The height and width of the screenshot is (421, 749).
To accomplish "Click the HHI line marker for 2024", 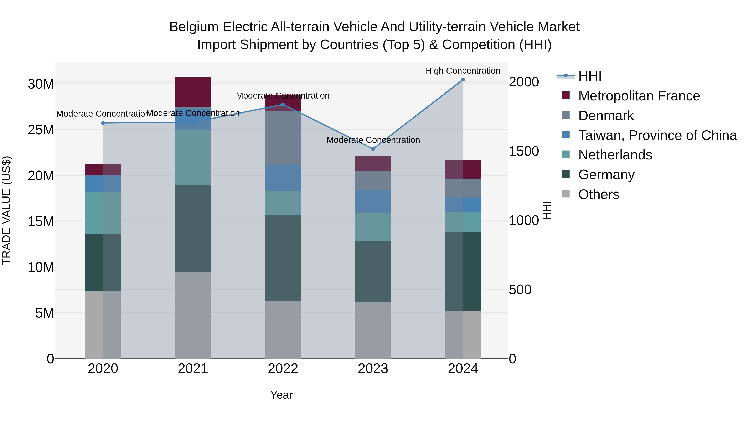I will click(x=463, y=80).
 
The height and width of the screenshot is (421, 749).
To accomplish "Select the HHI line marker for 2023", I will click(x=373, y=149).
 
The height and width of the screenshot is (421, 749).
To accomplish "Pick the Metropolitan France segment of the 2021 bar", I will click(x=193, y=92).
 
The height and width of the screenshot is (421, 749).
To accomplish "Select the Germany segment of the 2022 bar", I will click(x=283, y=258).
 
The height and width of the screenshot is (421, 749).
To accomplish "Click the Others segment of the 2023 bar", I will click(x=373, y=330).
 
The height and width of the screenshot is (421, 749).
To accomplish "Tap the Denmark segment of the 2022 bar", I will click(x=283, y=138).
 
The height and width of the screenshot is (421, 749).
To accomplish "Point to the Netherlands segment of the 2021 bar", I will click(x=193, y=157).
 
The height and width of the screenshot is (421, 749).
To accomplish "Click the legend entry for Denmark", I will click(x=606, y=116).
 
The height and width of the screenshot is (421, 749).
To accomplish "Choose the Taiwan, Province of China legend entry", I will click(x=657, y=135).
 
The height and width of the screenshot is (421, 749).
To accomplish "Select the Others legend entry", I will click(x=598, y=194).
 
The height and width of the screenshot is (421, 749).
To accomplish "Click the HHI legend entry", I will click(x=589, y=76).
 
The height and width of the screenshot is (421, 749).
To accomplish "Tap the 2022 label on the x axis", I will click(x=283, y=369).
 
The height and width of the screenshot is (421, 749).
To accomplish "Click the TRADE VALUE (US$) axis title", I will click(x=6, y=210).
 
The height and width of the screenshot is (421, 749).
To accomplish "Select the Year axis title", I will click(x=281, y=395).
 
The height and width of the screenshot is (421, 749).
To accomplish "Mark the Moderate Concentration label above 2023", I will click(x=373, y=140).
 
